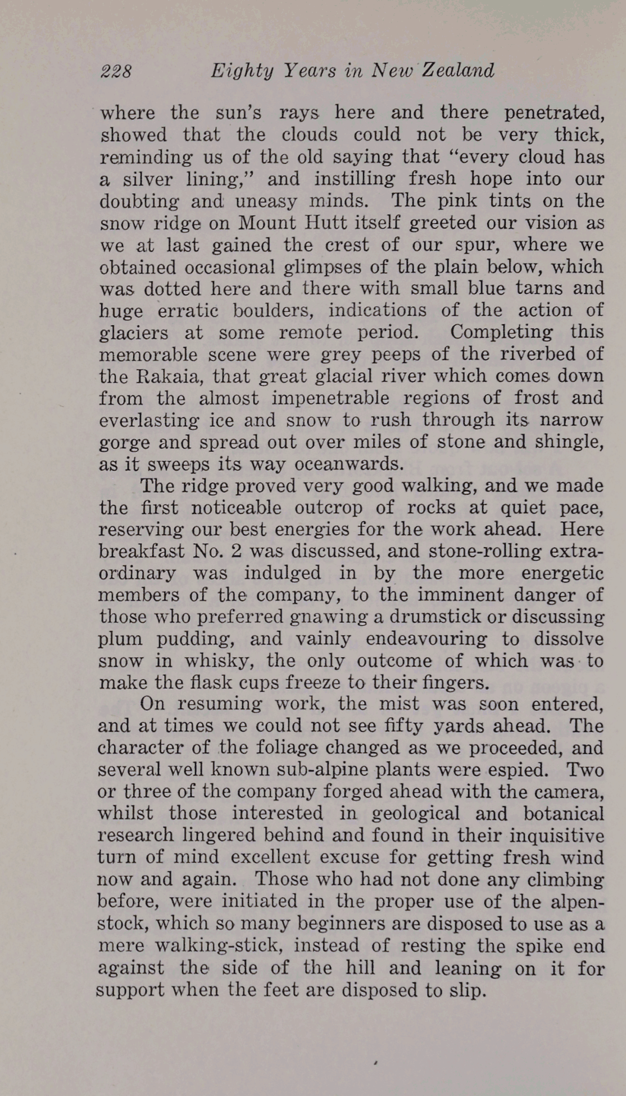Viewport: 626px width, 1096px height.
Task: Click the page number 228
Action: pyautogui.click(x=116, y=71)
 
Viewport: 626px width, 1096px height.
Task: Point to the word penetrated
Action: pyautogui.click(x=554, y=113)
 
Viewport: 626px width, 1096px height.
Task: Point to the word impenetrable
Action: pyautogui.click(x=330, y=398)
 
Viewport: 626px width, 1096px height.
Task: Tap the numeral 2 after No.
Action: pyautogui.click(x=236, y=551)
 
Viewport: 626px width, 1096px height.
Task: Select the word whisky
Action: pyautogui.click(x=219, y=661)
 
